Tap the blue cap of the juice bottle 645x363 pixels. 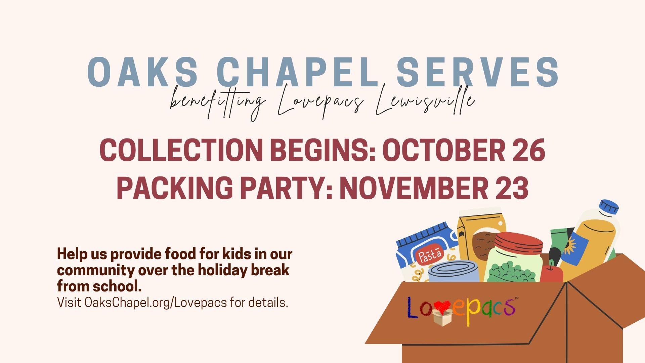click(609, 206)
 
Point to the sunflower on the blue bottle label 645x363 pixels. click(570, 245)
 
